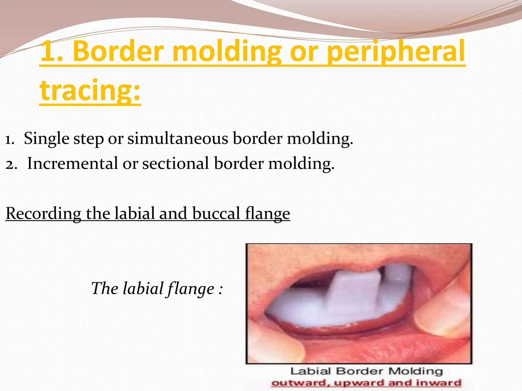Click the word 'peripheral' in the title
[396, 52]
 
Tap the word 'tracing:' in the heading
[90, 90]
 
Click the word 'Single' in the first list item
[46, 139]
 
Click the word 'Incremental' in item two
[73, 163]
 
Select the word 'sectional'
[176, 163]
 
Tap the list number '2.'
[11, 164]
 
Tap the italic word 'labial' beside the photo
[143, 289]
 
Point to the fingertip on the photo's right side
[438, 318]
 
